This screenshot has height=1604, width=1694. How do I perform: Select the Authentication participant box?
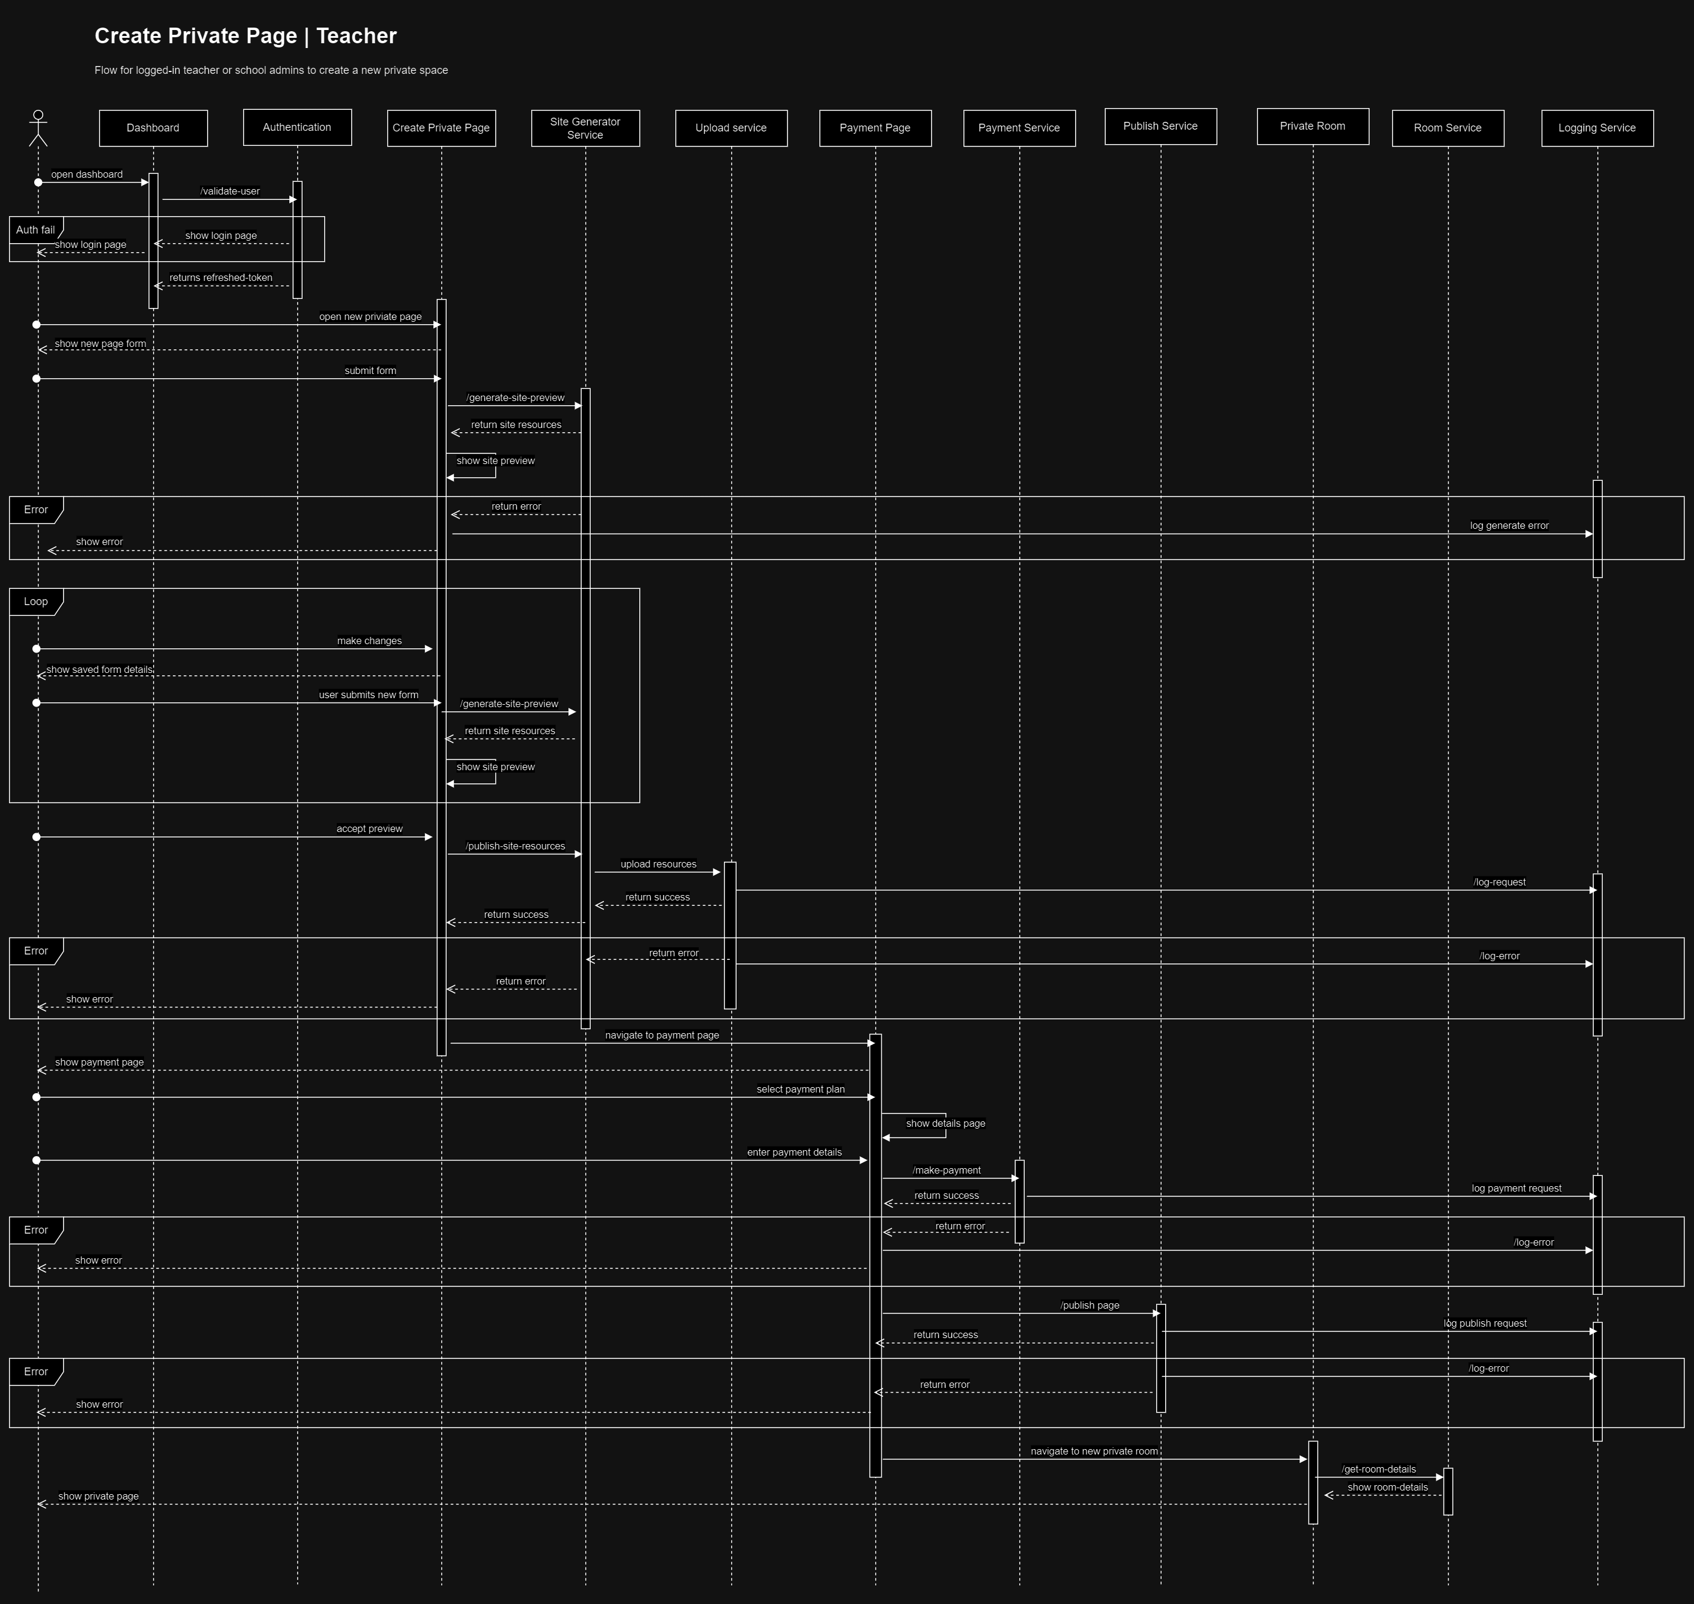click(x=297, y=127)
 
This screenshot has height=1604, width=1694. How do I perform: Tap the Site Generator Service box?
click(x=585, y=128)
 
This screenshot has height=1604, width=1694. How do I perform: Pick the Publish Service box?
click(x=1160, y=127)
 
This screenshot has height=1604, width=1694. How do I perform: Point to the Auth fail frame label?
click(x=35, y=230)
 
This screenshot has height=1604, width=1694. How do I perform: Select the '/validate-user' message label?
click(x=230, y=191)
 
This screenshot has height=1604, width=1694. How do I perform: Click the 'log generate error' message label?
click(x=1509, y=526)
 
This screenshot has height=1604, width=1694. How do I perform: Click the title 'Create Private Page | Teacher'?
click(x=246, y=36)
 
